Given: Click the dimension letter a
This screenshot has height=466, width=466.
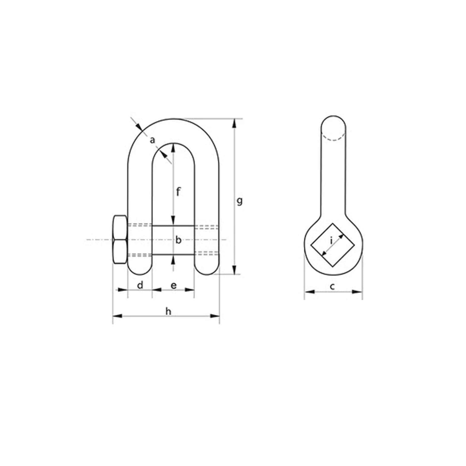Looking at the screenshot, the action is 153,140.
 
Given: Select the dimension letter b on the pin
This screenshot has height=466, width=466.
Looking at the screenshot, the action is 178,240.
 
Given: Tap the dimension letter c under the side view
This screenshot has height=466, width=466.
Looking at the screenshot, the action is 333,287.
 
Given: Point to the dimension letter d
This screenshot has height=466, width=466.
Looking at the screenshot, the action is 140,285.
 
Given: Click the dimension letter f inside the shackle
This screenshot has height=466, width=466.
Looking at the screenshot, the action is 178,192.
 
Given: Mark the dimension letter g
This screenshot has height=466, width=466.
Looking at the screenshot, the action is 240,201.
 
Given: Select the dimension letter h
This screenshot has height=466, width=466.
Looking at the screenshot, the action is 169,311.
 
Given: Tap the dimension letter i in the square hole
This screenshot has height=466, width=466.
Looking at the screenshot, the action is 331,241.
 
